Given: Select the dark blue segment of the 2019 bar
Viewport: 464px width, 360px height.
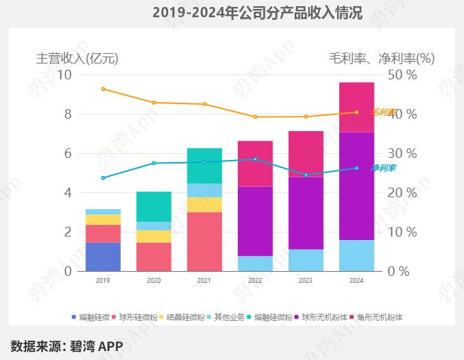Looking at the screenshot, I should pos(103,257).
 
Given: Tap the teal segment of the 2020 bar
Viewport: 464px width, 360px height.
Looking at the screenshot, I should pos(154,206).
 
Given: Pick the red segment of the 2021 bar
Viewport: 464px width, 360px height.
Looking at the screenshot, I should pos(205,241).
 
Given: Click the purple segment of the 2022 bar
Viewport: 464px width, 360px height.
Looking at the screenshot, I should pos(255,221).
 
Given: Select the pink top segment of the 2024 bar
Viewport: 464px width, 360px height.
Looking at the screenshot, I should pos(356,107).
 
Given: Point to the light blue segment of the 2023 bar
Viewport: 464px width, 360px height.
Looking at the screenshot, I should pos(306,260).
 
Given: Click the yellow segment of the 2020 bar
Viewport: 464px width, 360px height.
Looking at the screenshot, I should pos(154,237).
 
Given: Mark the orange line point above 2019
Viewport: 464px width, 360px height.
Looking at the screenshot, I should pos(103,89).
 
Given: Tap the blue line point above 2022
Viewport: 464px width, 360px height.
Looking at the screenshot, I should pos(255,159).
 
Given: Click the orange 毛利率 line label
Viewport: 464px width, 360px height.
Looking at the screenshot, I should pos(383,112).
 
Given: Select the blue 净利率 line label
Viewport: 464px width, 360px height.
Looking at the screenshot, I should pos(383,168).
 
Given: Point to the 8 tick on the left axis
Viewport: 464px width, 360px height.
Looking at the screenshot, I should pos(68,114).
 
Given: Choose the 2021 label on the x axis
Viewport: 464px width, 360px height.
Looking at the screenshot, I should pos(205,281).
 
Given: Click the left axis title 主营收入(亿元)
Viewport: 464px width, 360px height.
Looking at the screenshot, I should pos(77,59).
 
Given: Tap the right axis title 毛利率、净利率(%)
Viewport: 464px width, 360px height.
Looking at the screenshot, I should pos(382,59).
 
